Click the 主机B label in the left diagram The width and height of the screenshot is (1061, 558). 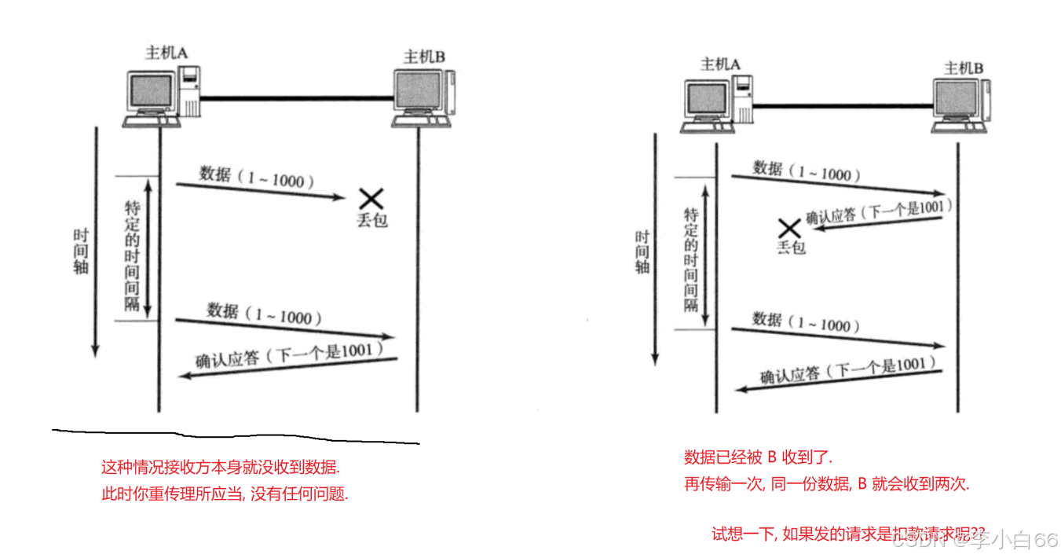[x=424, y=57]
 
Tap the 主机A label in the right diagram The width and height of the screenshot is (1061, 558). [x=720, y=64]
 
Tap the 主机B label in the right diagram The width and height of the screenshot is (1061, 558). [x=964, y=68]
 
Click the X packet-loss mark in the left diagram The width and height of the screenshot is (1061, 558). [x=371, y=199]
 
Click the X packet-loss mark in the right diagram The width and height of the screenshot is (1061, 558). [x=788, y=229]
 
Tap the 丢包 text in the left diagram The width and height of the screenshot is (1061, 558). [x=372, y=221]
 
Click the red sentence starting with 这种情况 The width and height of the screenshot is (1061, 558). [x=221, y=467]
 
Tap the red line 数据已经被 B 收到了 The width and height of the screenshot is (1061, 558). [x=758, y=457]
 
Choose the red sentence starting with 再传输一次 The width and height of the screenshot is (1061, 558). [x=827, y=484]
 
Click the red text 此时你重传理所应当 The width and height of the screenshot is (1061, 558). [x=225, y=494]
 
